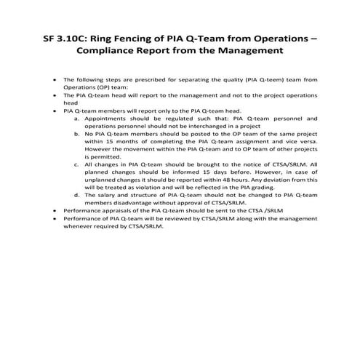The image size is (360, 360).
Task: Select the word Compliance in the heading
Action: pyautogui.click(x=126, y=52)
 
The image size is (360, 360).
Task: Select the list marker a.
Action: pyautogui.click(x=77, y=118)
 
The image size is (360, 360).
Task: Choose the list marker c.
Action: pyautogui.click(x=77, y=164)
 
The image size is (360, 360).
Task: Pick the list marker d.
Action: pyautogui.click(x=77, y=195)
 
